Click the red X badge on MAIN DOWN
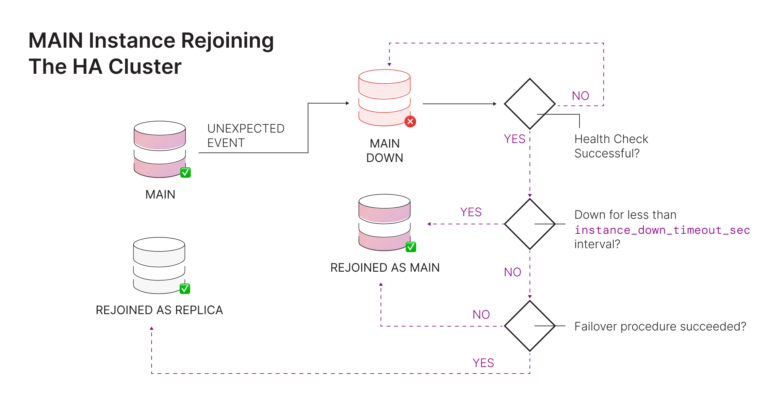[x=410, y=121]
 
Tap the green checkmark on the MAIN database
[x=186, y=172]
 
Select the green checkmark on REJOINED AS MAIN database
[x=411, y=247]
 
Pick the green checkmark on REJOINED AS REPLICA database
[x=185, y=289]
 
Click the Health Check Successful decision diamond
[x=530, y=104]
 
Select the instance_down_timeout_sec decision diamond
[x=530, y=224]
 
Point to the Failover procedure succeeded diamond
[x=530, y=326]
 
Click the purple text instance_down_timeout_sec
[x=662, y=230]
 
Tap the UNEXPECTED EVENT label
[x=246, y=136]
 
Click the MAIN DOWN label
[x=384, y=151]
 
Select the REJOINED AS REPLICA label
[x=159, y=310]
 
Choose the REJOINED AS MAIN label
[x=385, y=267]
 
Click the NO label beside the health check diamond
[x=580, y=96]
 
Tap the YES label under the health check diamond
[x=514, y=139]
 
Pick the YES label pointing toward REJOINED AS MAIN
[x=470, y=212]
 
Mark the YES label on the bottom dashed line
[x=483, y=363]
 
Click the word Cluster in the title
[x=145, y=67]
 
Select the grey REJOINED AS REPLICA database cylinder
[x=159, y=265]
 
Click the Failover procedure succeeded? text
[x=660, y=326]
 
